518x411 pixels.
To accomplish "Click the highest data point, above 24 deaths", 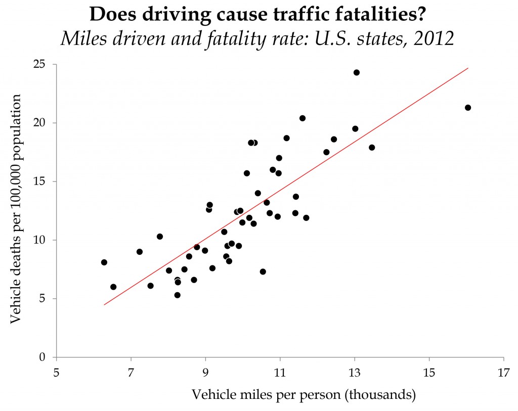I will pos(356,72).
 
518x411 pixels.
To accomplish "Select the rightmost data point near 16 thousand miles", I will pos(468,108).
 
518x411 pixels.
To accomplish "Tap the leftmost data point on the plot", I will pos(104,262).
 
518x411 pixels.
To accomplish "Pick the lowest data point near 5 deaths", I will pos(177,295).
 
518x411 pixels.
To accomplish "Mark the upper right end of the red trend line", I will pos(468,68).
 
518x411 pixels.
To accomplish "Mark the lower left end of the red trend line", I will pos(104,305).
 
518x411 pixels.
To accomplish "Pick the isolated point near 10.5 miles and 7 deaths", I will pos(263,271).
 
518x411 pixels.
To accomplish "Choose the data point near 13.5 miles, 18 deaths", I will pos(372,148).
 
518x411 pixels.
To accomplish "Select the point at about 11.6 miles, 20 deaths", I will pos(303,118).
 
